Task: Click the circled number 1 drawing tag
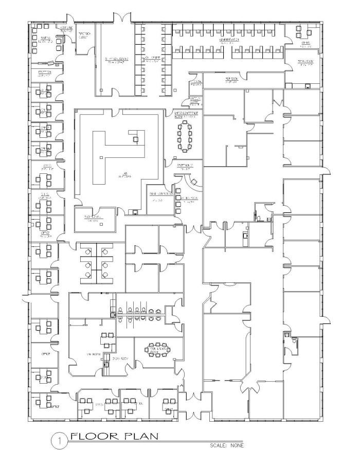click(60, 439)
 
